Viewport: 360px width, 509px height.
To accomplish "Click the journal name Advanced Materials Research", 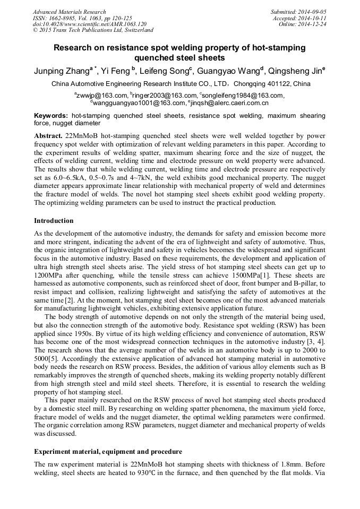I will (70, 12).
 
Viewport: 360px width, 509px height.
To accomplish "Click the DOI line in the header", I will (90, 24).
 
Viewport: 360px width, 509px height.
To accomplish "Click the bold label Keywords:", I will (51, 116).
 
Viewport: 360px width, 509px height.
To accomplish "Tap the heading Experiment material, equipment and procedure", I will (108, 452).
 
